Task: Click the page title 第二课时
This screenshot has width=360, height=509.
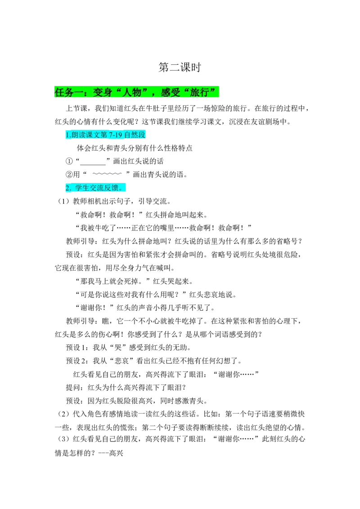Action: pos(180,67)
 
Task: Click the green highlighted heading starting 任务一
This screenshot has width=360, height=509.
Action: pos(136,92)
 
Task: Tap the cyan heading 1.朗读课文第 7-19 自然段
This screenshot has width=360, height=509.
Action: pos(105,135)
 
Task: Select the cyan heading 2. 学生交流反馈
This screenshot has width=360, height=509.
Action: pos(95,188)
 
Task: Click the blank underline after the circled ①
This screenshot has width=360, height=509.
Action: pos(93,164)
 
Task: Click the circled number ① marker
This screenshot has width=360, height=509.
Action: pos(69,161)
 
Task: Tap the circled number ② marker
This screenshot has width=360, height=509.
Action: pos(69,174)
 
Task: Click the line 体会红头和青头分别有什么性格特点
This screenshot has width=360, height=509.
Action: pos(135,148)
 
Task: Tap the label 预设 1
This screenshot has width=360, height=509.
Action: pos(76,347)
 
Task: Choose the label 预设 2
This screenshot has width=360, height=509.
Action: pos(76,361)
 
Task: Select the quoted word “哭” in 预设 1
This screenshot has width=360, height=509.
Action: pos(118,347)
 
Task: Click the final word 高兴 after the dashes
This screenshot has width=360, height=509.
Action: pos(116,453)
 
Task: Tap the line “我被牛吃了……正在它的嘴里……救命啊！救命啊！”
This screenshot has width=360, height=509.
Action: pos(164,228)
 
